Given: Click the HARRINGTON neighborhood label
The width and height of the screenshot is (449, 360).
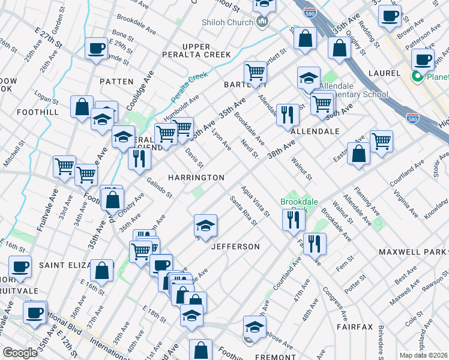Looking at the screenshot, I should point(196,178).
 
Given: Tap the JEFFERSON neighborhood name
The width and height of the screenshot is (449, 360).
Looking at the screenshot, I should point(235,247).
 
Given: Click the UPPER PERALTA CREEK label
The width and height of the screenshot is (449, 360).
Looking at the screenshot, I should point(197,50).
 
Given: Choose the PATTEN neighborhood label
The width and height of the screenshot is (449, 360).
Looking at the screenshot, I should point(116,81).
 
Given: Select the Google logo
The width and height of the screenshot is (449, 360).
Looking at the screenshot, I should point(20,353).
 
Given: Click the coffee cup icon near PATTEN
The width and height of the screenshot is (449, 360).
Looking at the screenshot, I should point(96,49).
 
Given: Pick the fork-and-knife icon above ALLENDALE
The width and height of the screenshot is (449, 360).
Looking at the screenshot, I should point(288,113).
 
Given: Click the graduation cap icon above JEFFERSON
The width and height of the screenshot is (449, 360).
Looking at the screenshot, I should point(205,225).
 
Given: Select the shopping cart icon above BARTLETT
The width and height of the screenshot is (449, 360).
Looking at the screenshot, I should point(255,73).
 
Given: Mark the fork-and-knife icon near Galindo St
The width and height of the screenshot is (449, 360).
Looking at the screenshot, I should point(139,158).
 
